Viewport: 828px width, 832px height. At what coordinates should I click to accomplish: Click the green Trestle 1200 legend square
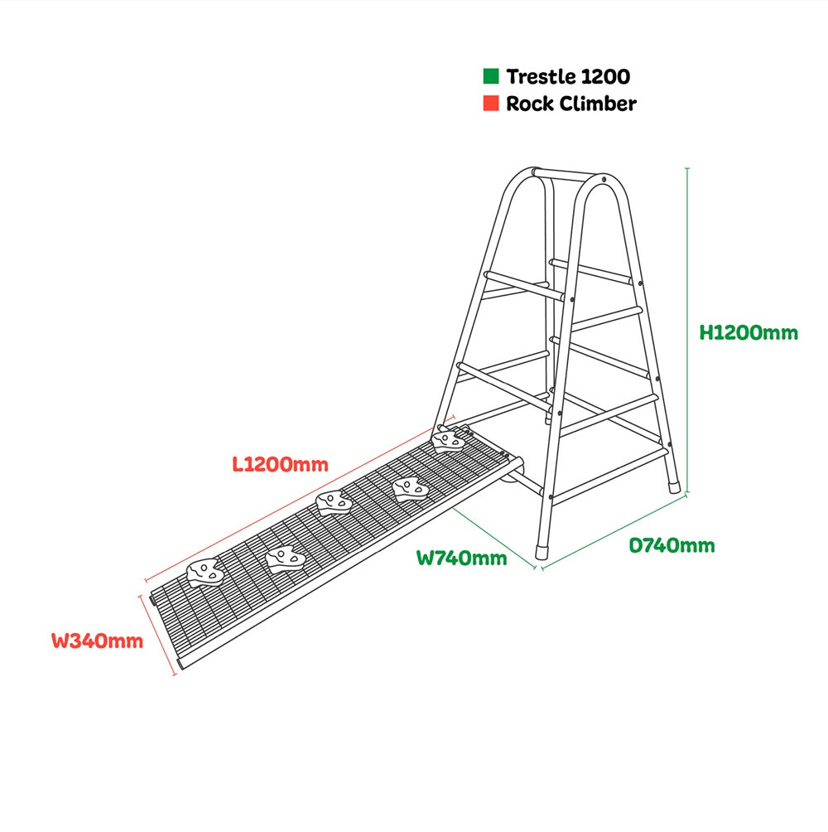click(x=491, y=76)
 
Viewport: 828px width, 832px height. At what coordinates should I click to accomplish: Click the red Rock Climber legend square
click(x=491, y=103)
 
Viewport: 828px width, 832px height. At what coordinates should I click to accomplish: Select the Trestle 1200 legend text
click(x=568, y=76)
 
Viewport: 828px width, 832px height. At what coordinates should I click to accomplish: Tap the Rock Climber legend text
click(x=571, y=104)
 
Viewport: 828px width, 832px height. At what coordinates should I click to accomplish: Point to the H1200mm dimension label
click(x=749, y=332)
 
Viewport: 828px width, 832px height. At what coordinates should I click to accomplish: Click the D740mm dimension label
click(x=672, y=545)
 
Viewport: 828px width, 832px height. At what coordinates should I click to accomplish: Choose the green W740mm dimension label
click(x=462, y=559)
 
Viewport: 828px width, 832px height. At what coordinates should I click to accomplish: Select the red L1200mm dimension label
click(x=281, y=465)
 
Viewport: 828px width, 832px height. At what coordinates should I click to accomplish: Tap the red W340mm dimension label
click(x=98, y=641)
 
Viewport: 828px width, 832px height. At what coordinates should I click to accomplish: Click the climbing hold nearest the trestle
click(x=448, y=441)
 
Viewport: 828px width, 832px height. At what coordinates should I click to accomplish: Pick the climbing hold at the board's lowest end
click(x=205, y=572)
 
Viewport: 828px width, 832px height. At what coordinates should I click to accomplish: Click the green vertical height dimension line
click(x=687, y=331)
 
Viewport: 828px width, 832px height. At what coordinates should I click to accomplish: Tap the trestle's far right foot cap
click(x=674, y=486)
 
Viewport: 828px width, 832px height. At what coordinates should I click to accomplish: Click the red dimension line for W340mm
click(x=157, y=635)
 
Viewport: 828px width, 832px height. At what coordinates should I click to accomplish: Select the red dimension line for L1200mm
click(x=300, y=499)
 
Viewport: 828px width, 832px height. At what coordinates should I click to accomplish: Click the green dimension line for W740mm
click(x=494, y=538)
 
